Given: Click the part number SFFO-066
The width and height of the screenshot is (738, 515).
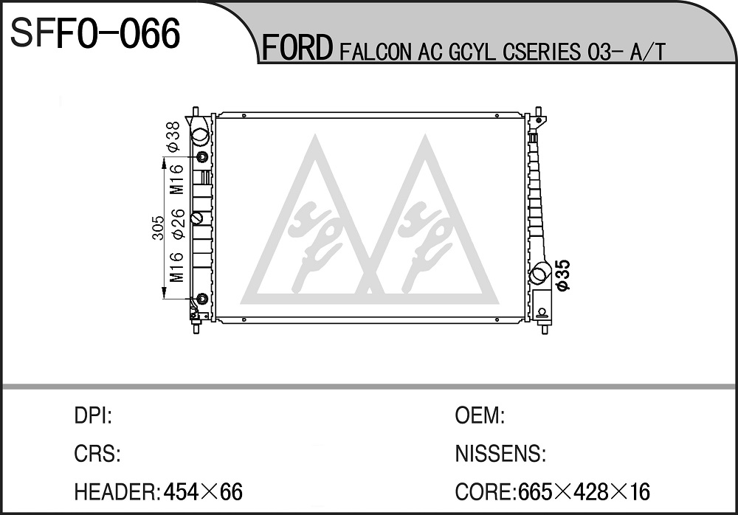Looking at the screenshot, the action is [95, 33].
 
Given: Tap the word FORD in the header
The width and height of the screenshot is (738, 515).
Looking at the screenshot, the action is [297, 48].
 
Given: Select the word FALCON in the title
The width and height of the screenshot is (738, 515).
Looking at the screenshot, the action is [375, 52].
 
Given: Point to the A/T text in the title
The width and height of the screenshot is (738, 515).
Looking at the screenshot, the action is [648, 52].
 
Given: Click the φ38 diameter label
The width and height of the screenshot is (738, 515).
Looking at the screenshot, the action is [173, 136].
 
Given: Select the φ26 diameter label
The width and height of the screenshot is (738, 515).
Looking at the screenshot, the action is [177, 224].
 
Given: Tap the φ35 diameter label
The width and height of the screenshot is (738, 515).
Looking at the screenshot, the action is [562, 275].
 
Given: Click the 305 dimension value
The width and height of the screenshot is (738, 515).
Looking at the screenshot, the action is [159, 228].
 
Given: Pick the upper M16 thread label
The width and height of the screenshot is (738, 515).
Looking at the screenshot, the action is [176, 179].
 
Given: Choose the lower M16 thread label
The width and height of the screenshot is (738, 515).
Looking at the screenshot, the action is [176, 267].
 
